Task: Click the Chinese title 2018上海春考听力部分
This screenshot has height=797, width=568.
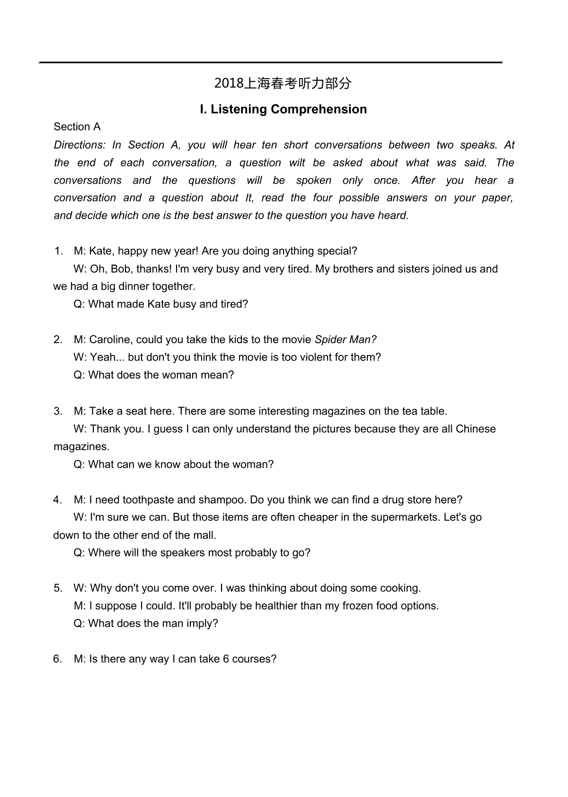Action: [283, 84]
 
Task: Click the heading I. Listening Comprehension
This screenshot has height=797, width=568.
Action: [283, 109]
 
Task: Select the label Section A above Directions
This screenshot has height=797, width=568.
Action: [77, 127]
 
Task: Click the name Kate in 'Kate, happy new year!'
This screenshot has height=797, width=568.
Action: [100, 251]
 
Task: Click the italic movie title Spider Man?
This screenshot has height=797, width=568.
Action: [346, 340]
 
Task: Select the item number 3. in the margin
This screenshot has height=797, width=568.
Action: [58, 411]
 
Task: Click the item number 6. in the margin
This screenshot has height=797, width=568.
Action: [58, 659]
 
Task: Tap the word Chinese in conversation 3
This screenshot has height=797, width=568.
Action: [476, 429]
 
